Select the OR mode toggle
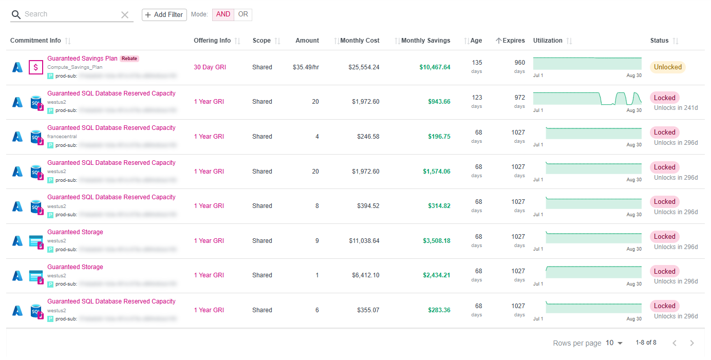tap(243, 14)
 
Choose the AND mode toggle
tap(223, 14)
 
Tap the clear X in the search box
tap(125, 15)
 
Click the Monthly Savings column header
tap(425, 41)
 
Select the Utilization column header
tap(548, 41)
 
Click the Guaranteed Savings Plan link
tap(82, 59)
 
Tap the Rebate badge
tap(129, 59)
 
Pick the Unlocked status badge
tap(668, 67)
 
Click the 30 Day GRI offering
tap(210, 67)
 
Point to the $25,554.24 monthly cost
tap(364, 67)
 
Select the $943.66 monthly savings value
tap(439, 102)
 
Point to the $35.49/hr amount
tap(306, 67)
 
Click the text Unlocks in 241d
tap(676, 108)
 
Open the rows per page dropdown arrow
tap(620, 343)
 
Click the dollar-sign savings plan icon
tap(36, 67)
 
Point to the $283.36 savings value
tap(439, 310)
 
